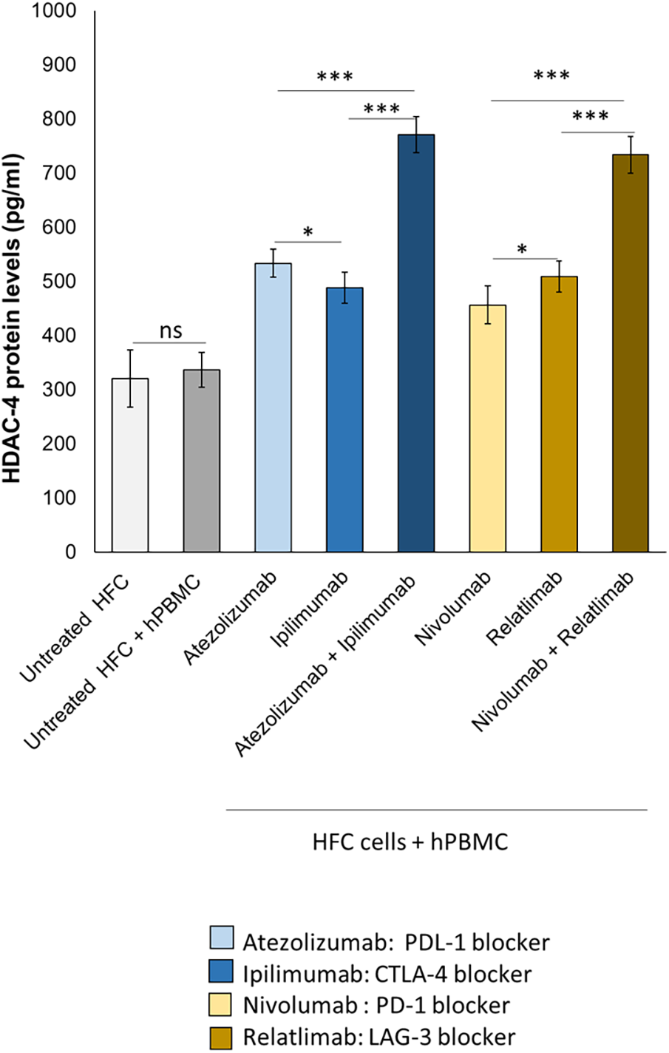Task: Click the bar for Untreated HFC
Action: click(x=130, y=465)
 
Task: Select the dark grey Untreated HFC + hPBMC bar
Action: click(x=202, y=461)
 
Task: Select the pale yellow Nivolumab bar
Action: click(x=488, y=428)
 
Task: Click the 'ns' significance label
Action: click(x=171, y=331)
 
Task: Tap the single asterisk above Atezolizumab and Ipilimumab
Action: click(x=308, y=231)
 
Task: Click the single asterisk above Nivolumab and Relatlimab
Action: click(x=523, y=249)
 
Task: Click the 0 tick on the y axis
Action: click(x=70, y=552)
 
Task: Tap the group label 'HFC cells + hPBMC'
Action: click(x=410, y=842)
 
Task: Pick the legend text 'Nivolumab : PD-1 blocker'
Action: click(x=376, y=1005)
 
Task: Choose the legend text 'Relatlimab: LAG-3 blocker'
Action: click(x=378, y=1037)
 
